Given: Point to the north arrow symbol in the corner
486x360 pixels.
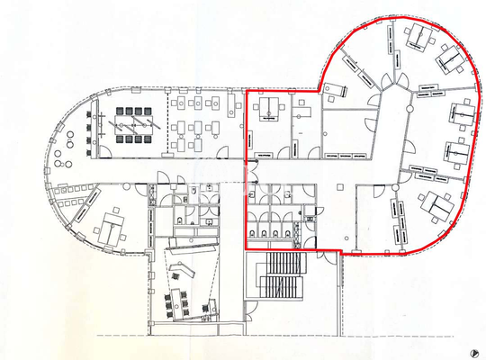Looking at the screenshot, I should pos(473,350).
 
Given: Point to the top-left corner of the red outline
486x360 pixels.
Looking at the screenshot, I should pos(247,90).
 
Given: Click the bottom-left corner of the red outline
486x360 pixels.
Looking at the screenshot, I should pos(247,248).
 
